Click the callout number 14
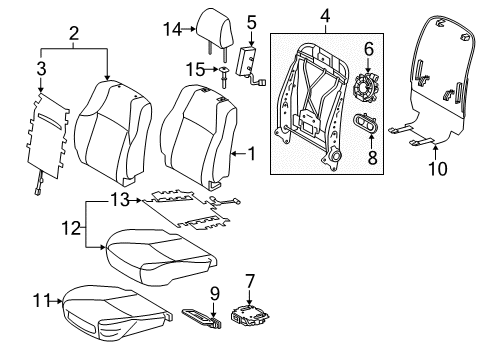pyautogui.click(x=172, y=29)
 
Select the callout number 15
pyautogui.click(x=195, y=70)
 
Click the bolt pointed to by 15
pyautogui.click(x=223, y=77)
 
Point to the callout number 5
pyautogui.click(x=252, y=22)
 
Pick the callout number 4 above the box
pyautogui.click(x=325, y=16)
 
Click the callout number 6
pyautogui.click(x=369, y=49)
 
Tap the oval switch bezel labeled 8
pyautogui.click(x=364, y=123)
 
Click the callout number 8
pyautogui.click(x=372, y=157)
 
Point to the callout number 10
pyautogui.click(x=438, y=169)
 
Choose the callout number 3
pyautogui.click(x=41, y=69)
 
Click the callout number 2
pyautogui.click(x=74, y=34)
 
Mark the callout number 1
pyautogui.click(x=252, y=154)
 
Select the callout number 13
pyautogui.click(x=120, y=200)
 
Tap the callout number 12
pyautogui.click(x=71, y=229)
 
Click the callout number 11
pyautogui.click(x=41, y=301)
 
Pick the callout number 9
pyautogui.click(x=215, y=294)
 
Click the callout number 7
pyautogui.click(x=250, y=281)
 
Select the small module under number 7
pyautogui.click(x=250, y=314)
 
